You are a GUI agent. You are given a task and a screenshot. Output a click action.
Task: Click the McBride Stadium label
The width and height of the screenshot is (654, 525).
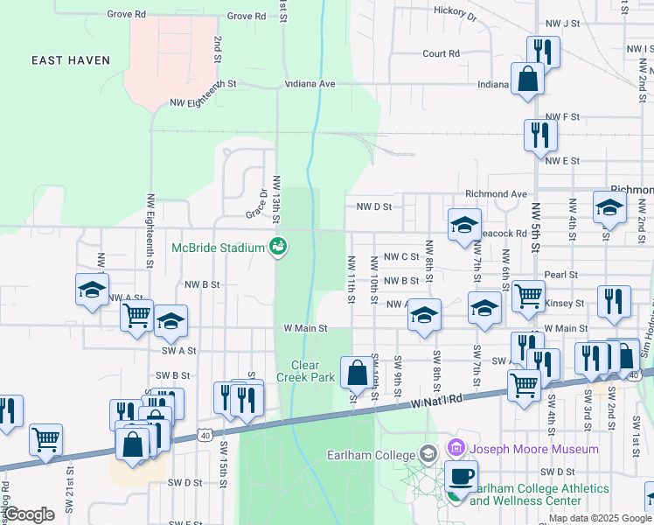(x=217, y=248)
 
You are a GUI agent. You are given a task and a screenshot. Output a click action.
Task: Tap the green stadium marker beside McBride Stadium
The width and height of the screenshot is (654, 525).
(x=278, y=248)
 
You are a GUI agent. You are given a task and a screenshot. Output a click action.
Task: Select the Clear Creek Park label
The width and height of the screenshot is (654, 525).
(x=312, y=371)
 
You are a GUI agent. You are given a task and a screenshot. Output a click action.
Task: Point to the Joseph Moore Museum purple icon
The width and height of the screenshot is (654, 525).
(x=454, y=450)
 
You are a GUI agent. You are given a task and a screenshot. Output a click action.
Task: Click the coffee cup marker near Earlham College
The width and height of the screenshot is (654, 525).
(x=461, y=478)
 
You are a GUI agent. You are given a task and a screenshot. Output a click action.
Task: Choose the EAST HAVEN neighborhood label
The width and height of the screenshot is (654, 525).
(x=71, y=60)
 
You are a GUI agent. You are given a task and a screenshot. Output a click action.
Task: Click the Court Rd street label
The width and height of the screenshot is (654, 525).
(x=441, y=53)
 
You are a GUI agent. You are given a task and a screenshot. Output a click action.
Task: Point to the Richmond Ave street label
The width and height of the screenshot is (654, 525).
(x=497, y=193)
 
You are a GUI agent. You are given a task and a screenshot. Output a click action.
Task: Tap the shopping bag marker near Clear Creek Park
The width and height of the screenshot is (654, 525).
(x=357, y=374)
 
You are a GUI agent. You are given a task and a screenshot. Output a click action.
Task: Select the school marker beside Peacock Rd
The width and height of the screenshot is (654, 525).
(x=464, y=226)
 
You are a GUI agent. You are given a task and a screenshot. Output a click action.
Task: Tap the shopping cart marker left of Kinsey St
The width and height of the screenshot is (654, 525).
(x=528, y=297)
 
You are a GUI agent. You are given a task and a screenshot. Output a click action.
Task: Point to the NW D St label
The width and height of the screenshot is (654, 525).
(x=373, y=207)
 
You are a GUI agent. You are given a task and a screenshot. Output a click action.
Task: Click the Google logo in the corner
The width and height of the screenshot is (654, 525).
(x=29, y=514)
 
